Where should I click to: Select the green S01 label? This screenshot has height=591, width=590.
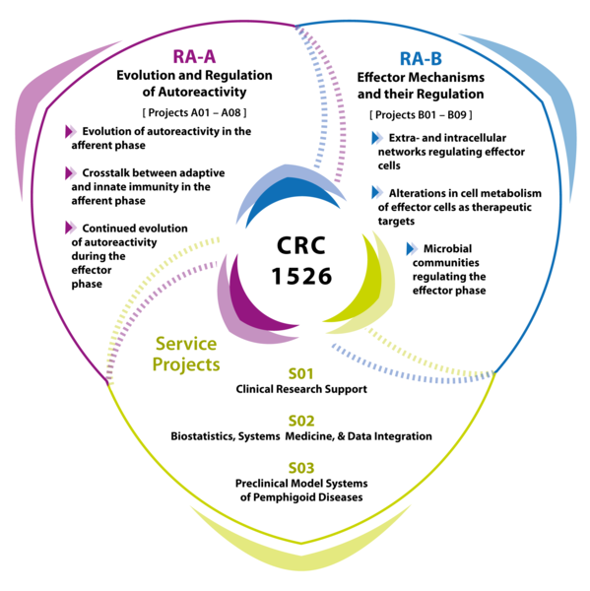click(300, 373)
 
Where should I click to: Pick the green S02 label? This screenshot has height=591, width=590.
click(300, 421)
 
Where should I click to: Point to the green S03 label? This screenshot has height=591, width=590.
click(300, 467)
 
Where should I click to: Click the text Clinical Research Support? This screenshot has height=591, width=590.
click(300, 389)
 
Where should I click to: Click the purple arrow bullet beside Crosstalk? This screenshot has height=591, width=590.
click(70, 172)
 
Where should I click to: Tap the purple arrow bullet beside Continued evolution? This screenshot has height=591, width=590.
click(70, 228)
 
